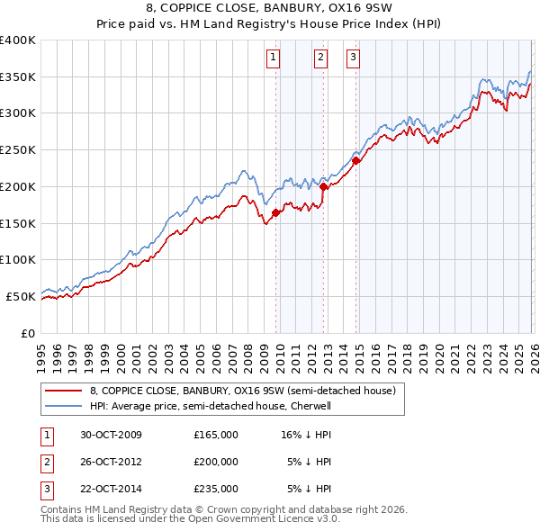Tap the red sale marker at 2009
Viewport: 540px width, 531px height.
275,212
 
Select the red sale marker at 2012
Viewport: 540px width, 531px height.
323,186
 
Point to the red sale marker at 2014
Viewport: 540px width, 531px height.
355,161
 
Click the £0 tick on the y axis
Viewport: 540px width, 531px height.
28,333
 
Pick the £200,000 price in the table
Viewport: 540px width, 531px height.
216,462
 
